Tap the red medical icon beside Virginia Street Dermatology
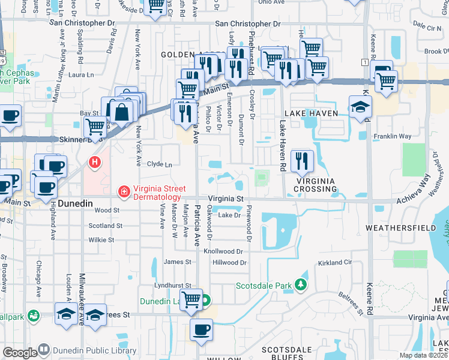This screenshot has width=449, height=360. coord(124,191)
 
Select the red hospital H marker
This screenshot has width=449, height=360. coord(94,162)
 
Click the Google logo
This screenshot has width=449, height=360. coord(20,353)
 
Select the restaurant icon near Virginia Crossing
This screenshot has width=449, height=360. coord(302,160)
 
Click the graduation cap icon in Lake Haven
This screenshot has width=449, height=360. coord(360,107)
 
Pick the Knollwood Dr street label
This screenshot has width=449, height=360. coord(223,251)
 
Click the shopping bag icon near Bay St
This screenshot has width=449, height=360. coord(121,112)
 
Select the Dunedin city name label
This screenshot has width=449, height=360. coord(76,204)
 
